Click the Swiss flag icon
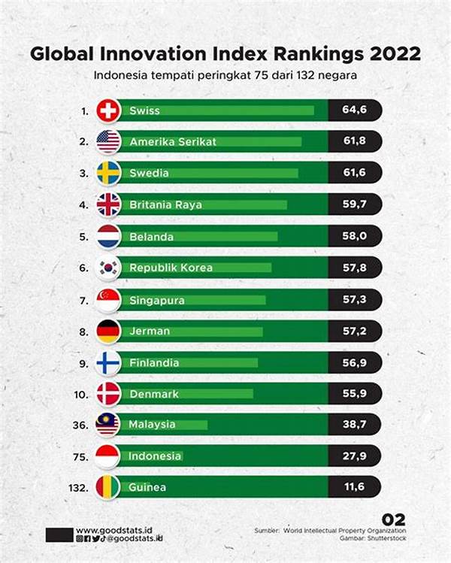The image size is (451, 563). tap(108, 111)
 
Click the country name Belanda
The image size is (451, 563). tap(151, 237)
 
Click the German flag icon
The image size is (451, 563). tap(108, 331)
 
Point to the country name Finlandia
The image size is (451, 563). tap(154, 363)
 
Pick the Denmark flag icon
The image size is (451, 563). tap(108, 394)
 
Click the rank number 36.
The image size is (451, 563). tap(82, 425)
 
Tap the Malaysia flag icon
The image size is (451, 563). tap(108, 425)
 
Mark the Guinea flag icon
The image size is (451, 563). tap(108, 488)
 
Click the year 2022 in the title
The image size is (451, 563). tap(392, 55)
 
